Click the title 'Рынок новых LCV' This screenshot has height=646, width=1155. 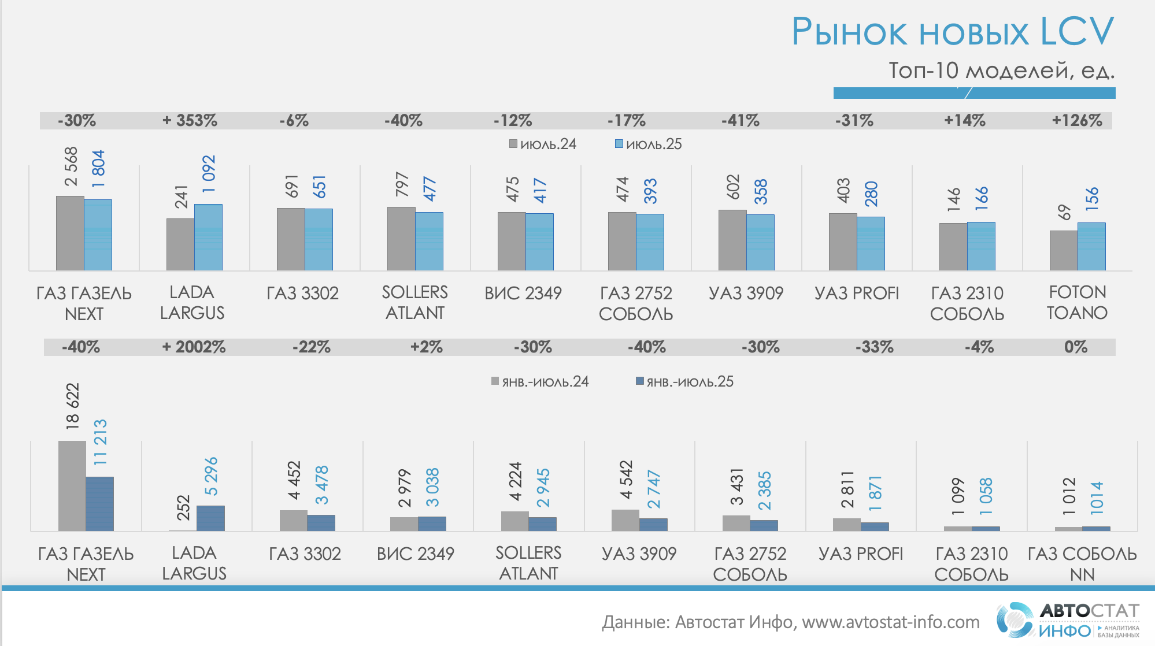[952, 31]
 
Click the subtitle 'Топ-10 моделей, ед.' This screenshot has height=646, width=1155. [1001, 70]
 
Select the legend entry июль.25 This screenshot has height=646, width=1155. [648, 144]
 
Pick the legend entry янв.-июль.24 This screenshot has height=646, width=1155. [540, 381]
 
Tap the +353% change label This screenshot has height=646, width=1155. [190, 121]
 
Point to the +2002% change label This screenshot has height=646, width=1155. [194, 347]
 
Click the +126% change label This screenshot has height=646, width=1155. [1076, 121]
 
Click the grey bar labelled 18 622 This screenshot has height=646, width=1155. [72, 485]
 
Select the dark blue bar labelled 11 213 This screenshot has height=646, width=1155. [100, 503]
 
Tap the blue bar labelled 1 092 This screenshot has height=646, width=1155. [208, 237]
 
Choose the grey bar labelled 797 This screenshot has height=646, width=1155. [401, 239]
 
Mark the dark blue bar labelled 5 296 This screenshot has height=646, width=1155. [210, 518]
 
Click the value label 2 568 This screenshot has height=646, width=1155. [71, 166]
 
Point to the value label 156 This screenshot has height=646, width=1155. [1091, 199]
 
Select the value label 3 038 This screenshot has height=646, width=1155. [432, 487]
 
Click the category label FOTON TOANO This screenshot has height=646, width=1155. [1077, 302]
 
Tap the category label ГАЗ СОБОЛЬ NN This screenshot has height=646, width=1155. [1082, 564]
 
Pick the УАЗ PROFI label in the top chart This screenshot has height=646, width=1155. [857, 294]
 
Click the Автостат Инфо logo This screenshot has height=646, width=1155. [1067, 620]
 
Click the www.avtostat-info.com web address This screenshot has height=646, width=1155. [890, 622]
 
